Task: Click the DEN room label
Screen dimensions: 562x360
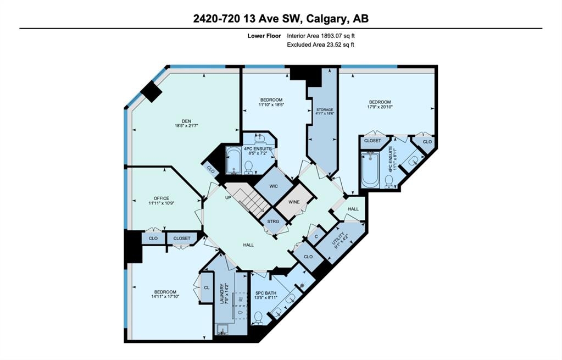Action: tap(186, 121)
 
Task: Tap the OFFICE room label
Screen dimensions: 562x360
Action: tap(162, 198)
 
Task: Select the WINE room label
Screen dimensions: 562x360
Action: tap(294, 202)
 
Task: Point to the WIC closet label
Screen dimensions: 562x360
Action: tap(274, 186)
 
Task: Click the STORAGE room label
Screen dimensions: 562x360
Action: tap(324, 110)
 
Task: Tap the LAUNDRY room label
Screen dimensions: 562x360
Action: tap(222, 294)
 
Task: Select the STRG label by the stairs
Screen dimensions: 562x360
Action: tap(273, 221)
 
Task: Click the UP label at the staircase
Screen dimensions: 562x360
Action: tap(228, 197)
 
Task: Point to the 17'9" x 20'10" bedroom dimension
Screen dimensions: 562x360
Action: tap(380, 107)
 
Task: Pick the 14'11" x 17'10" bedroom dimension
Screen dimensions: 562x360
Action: tap(165, 297)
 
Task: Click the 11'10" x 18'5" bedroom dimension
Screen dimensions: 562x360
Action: tap(271, 104)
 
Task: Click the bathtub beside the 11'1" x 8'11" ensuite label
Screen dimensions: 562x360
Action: tap(370, 170)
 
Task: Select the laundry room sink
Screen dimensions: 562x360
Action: tap(222, 329)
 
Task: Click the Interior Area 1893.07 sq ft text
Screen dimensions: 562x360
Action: tap(321, 36)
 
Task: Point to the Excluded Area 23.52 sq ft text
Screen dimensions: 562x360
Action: tap(320, 45)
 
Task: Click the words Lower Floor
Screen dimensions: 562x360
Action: tap(264, 36)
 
